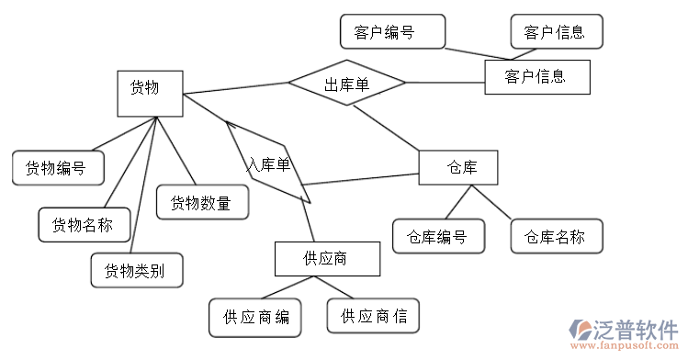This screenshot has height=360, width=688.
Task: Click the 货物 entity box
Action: [x=151, y=94]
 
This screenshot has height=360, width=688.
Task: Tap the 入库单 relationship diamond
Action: [x=268, y=164]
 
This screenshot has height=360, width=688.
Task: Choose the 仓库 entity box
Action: [x=458, y=167]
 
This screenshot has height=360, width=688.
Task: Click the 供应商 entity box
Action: [x=326, y=258]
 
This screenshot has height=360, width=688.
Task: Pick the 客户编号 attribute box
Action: [x=392, y=32]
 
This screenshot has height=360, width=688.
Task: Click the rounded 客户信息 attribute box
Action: [x=556, y=32]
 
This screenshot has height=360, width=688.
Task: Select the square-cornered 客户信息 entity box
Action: [x=536, y=77]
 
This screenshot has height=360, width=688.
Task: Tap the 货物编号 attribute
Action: [x=58, y=167]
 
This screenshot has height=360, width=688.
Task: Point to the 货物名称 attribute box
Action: [x=84, y=224]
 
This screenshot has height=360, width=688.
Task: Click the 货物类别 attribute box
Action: [x=136, y=270]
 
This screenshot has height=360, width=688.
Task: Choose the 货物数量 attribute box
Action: [x=203, y=202]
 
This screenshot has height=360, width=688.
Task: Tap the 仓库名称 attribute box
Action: [x=556, y=236]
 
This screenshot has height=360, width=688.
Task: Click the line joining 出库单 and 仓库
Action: [x=387, y=128]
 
